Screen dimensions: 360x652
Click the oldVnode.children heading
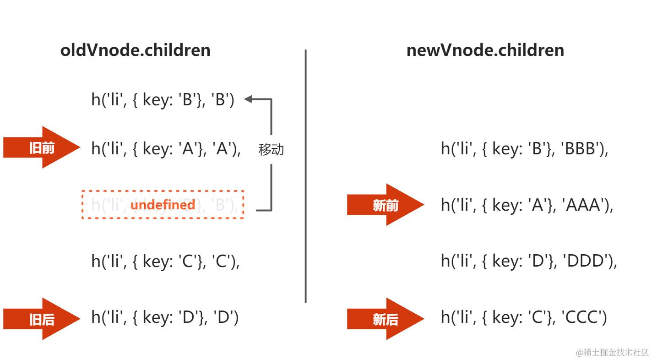(135, 50)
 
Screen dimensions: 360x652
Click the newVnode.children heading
(485, 50)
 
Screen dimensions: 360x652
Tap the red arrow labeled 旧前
(42, 147)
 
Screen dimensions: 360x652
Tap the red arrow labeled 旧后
(42, 319)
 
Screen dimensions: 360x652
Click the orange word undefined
(163, 205)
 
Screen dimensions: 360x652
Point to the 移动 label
(271, 149)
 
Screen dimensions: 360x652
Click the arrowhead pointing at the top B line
(249, 99)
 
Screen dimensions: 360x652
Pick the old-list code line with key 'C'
(165, 261)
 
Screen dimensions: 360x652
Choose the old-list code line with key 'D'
(165, 317)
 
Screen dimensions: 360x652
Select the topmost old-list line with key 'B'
(163, 99)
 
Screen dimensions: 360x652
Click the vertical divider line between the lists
(305, 176)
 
